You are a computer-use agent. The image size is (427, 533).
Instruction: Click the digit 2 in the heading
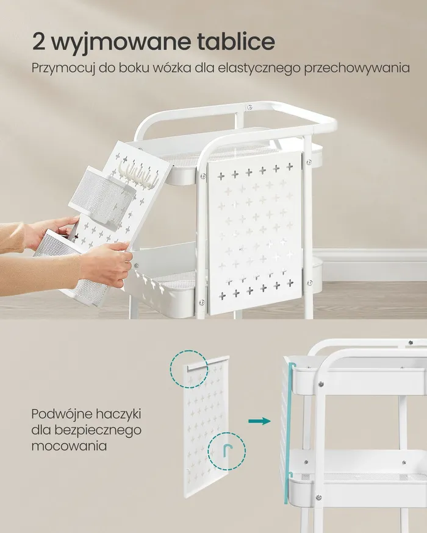pos(40,42)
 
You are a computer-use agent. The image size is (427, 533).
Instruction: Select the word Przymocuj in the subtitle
pos(63,68)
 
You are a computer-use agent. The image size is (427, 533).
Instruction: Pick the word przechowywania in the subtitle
pos(357,68)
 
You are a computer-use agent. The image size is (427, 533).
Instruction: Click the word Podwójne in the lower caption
pos(62,414)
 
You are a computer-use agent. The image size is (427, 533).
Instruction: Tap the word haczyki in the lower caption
pos(118,414)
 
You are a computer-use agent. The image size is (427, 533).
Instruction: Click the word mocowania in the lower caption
pos(69,446)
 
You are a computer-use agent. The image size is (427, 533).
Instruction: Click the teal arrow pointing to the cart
pos(259,421)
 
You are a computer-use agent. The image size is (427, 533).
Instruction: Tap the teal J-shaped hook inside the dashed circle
pos(226,450)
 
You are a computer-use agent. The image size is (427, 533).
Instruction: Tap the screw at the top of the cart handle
pos(250,107)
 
